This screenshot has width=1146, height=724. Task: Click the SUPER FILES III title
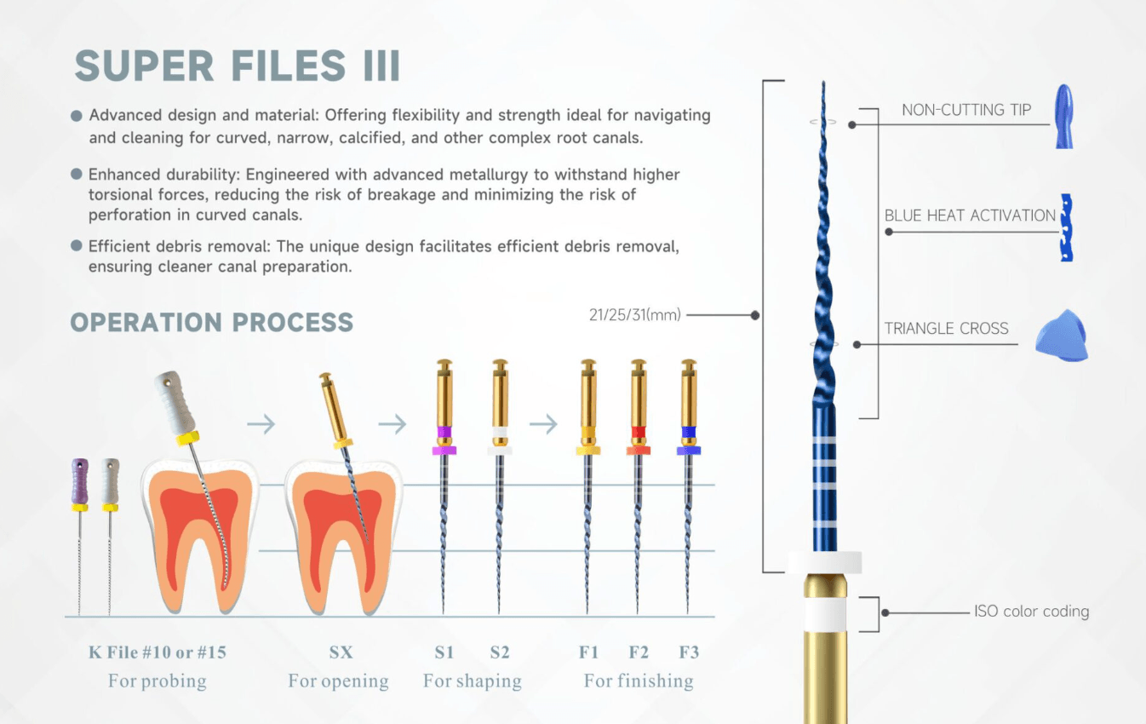pyautogui.click(x=238, y=66)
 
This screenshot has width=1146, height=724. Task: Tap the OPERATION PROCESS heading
pyautogui.click(x=211, y=323)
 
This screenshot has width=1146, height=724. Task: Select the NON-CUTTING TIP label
pyautogui.click(x=966, y=110)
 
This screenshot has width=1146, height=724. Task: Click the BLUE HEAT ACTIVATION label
pyautogui.click(x=970, y=215)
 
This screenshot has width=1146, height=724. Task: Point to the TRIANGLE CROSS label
pyautogui.click(x=946, y=329)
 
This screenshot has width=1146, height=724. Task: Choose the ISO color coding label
pyautogui.click(x=1031, y=612)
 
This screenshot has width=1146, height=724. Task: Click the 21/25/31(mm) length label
pyautogui.click(x=635, y=315)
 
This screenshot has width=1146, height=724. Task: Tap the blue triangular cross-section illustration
pyautogui.click(x=1061, y=337)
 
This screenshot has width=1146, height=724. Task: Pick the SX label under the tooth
pyautogui.click(x=341, y=652)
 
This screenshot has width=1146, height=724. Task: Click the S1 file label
pyautogui.click(x=444, y=652)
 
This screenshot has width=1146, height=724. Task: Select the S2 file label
pyautogui.click(x=500, y=652)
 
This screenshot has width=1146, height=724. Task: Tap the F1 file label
pyautogui.click(x=589, y=652)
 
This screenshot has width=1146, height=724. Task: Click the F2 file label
pyautogui.click(x=639, y=652)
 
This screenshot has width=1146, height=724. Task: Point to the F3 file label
pyautogui.click(x=689, y=652)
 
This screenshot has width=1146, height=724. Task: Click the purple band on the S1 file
pyautogui.click(x=444, y=432)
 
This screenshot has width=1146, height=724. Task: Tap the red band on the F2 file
pyautogui.click(x=639, y=432)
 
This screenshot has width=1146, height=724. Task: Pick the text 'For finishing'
pyautogui.click(x=639, y=681)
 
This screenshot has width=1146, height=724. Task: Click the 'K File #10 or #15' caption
pyautogui.click(x=158, y=652)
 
